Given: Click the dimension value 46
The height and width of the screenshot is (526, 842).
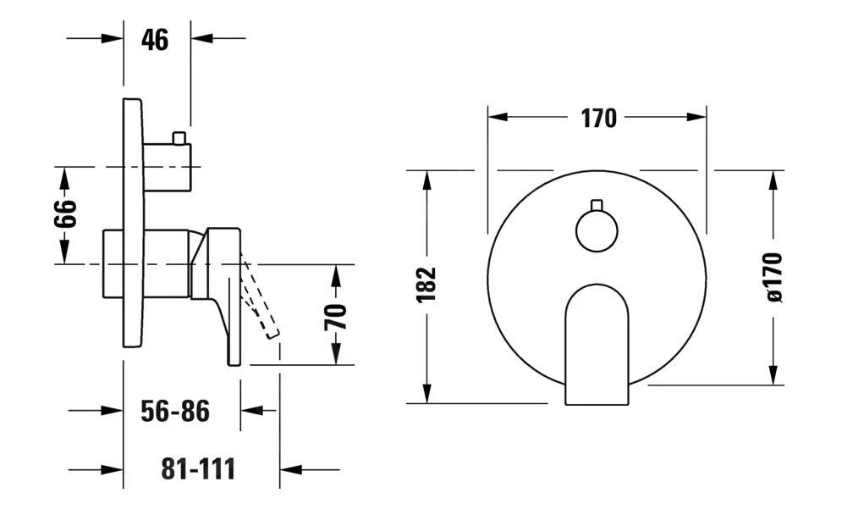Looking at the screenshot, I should click(x=155, y=39).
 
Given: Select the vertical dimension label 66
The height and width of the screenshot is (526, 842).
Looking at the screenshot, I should click(x=66, y=213).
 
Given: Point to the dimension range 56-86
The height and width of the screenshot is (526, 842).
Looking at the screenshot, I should click(x=174, y=412).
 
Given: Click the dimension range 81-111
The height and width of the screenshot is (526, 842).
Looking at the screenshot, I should click(x=198, y=468).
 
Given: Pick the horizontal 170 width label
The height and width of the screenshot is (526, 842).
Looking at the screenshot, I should click(x=598, y=119).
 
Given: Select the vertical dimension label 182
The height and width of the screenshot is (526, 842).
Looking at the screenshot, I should click(x=427, y=285).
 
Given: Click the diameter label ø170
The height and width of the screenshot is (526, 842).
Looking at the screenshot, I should click(x=773, y=277).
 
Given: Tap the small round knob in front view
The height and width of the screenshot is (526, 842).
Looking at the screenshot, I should click(x=597, y=230).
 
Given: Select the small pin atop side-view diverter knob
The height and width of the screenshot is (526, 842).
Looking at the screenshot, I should click(x=179, y=137).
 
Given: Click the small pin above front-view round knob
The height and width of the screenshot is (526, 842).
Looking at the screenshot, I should click(x=597, y=205).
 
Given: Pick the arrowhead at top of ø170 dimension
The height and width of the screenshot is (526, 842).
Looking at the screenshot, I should click(x=773, y=181).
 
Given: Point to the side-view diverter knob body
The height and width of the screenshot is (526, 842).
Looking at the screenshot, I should click(x=167, y=167).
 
